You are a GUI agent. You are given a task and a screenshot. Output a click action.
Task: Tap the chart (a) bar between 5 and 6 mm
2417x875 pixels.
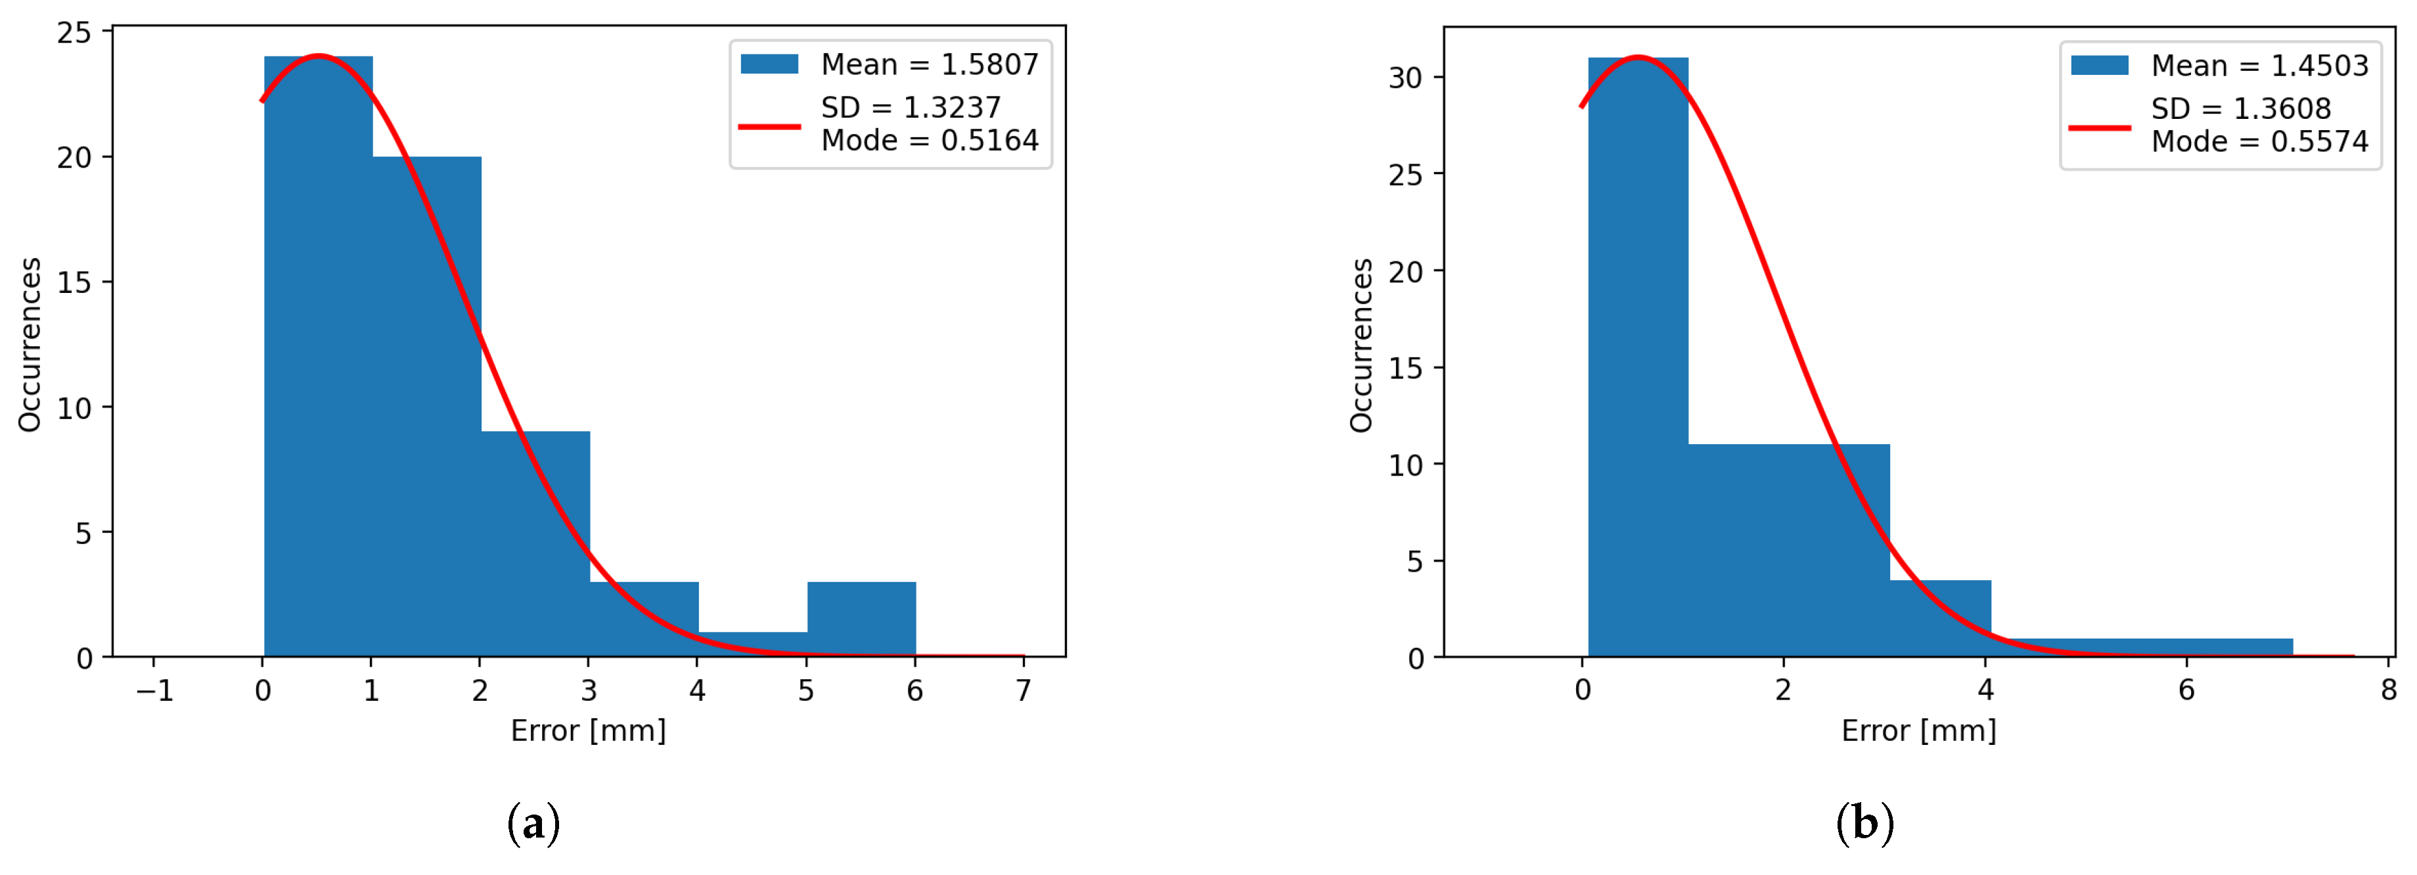click(x=861, y=619)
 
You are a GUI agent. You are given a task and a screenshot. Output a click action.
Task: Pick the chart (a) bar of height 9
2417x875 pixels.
click(x=535, y=544)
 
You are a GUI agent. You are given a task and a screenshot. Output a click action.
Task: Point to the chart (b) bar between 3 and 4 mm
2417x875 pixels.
click(x=1940, y=619)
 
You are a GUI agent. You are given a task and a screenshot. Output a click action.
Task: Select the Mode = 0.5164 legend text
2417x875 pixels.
click(x=929, y=141)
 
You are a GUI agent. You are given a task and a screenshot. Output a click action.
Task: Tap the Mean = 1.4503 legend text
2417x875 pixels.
click(x=2259, y=66)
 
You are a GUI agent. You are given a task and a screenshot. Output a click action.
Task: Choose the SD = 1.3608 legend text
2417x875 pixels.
click(x=2241, y=109)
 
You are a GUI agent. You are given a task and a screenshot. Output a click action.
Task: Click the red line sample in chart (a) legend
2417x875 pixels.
click(x=769, y=125)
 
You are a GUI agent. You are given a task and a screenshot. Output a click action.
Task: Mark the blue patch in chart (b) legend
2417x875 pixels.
click(x=2099, y=65)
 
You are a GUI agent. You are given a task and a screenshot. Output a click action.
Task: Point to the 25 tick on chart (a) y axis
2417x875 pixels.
click(x=74, y=33)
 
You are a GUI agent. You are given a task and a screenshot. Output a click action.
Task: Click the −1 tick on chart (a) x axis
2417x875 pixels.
click(x=155, y=691)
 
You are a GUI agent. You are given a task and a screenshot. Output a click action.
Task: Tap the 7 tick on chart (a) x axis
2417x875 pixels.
click(x=1023, y=691)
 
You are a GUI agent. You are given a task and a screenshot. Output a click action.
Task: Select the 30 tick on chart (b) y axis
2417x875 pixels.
click(x=1405, y=78)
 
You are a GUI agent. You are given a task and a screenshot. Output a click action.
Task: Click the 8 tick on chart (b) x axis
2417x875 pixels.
click(x=2388, y=691)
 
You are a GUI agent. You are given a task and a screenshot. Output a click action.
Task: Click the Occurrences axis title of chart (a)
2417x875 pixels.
click(x=30, y=344)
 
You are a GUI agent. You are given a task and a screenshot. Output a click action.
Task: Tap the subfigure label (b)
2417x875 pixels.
click(x=1864, y=823)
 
